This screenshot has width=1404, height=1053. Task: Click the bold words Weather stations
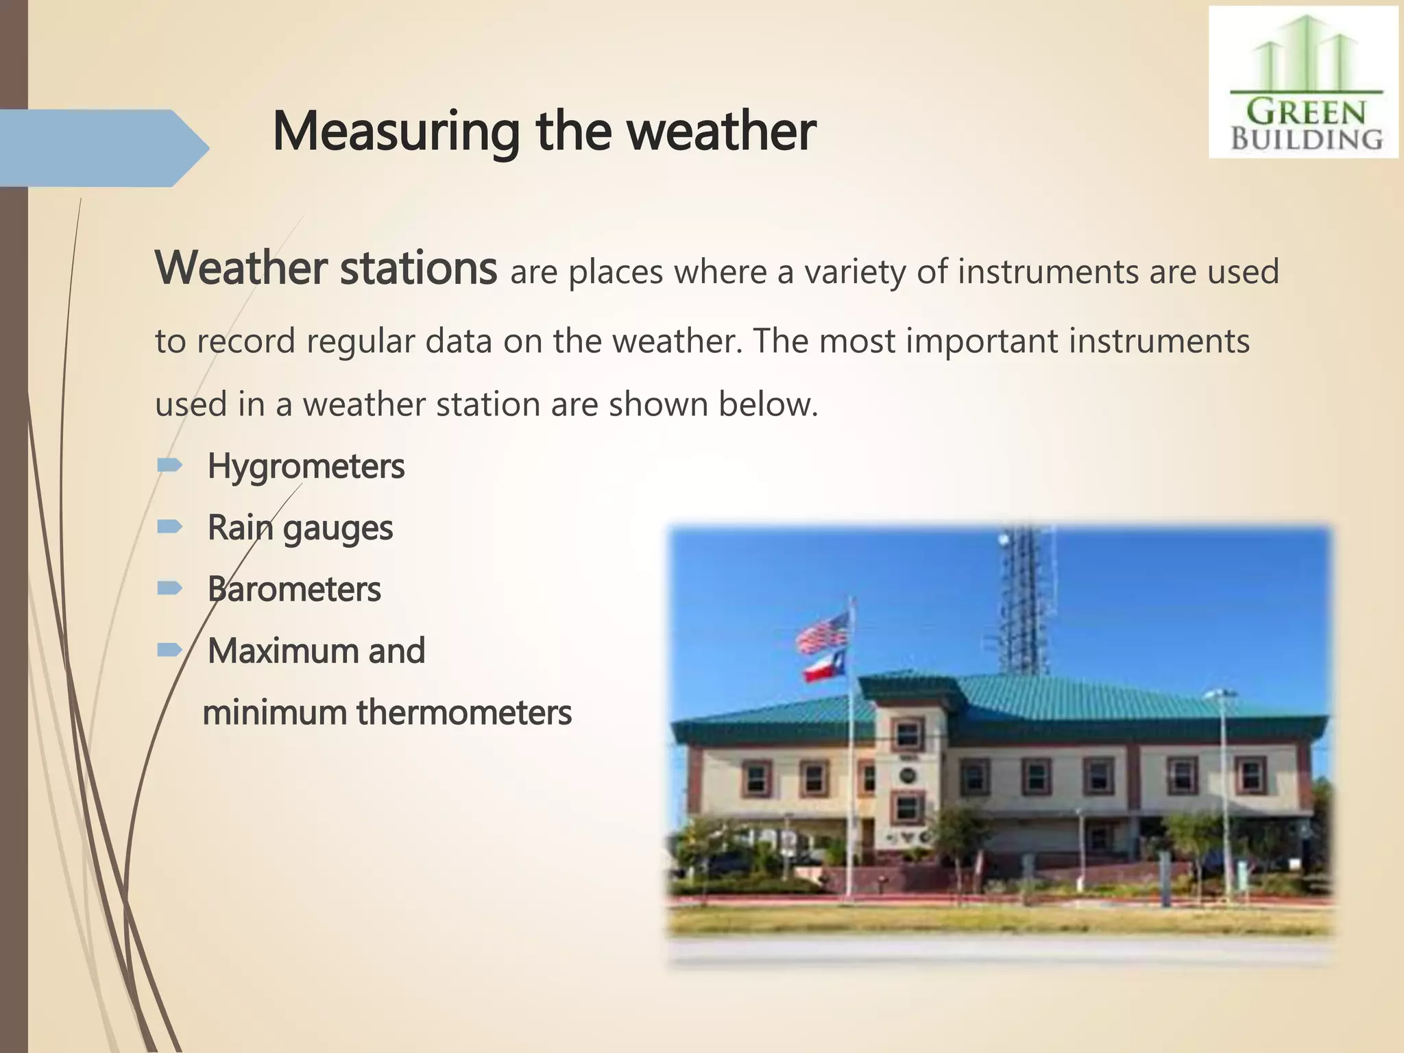326,268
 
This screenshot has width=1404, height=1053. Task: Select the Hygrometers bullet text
306,467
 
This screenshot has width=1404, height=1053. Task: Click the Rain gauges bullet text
300,528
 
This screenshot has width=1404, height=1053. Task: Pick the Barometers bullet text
293,590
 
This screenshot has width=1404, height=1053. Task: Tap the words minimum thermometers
387,712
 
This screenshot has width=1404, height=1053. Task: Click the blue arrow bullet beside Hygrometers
169,466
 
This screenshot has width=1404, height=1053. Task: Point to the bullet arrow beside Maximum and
169,650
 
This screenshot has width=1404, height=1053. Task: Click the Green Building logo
1303,82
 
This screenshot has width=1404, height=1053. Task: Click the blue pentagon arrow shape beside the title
103,148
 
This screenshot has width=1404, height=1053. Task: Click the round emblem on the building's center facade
908,775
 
